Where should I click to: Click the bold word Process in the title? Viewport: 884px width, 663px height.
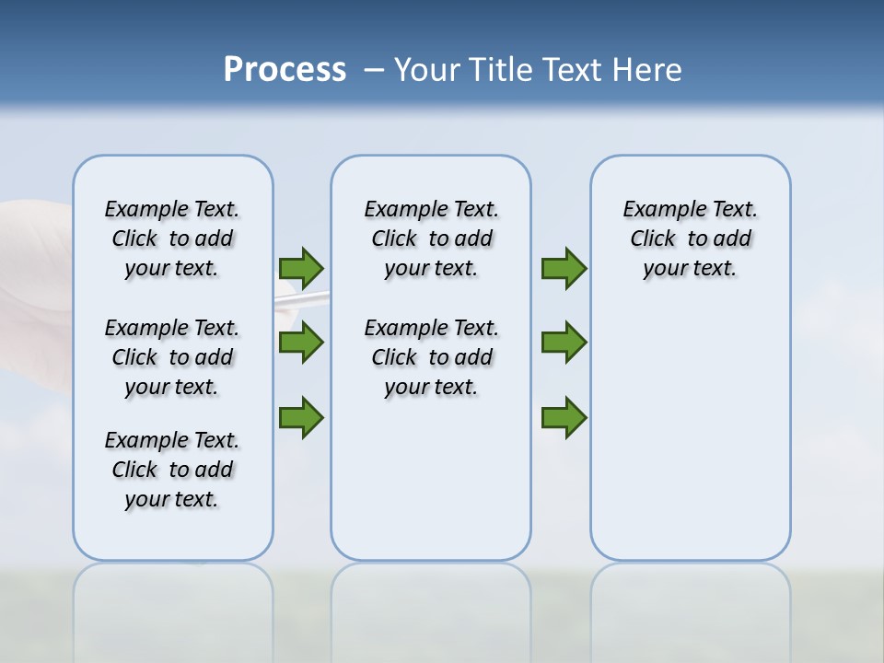pyautogui.click(x=285, y=69)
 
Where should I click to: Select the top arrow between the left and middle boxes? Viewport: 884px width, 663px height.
pyautogui.click(x=301, y=269)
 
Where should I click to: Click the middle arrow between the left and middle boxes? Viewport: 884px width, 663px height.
pyautogui.click(x=301, y=343)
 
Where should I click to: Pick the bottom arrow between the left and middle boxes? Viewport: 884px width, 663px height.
pyautogui.click(x=301, y=418)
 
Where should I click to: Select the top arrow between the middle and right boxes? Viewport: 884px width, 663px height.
pyautogui.click(x=564, y=269)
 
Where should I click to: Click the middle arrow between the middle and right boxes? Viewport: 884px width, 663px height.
pyautogui.click(x=564, y=343)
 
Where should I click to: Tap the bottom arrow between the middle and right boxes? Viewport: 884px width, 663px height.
pyautogui.click(x=564, y=418)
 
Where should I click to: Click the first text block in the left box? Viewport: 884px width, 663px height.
pyautogui.click(x=172, y=238)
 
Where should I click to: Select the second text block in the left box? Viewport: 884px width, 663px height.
pyautogui.click(x=172, y=357)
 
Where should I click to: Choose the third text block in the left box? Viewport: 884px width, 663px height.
pyautogui.click(x=172, y=470)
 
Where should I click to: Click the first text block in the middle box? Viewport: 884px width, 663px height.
pyautogui.click(x=431, y=238)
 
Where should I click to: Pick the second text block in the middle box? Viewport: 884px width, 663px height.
pyautogui.click(x=431, y=357)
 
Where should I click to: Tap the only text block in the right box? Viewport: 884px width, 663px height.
pyautogui.click(x=690, y=238)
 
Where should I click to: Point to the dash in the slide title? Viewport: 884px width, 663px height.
pyautogui.click(x=374, y=70)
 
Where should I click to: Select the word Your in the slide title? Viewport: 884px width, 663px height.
pyautogui.click(x=427, y=70)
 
